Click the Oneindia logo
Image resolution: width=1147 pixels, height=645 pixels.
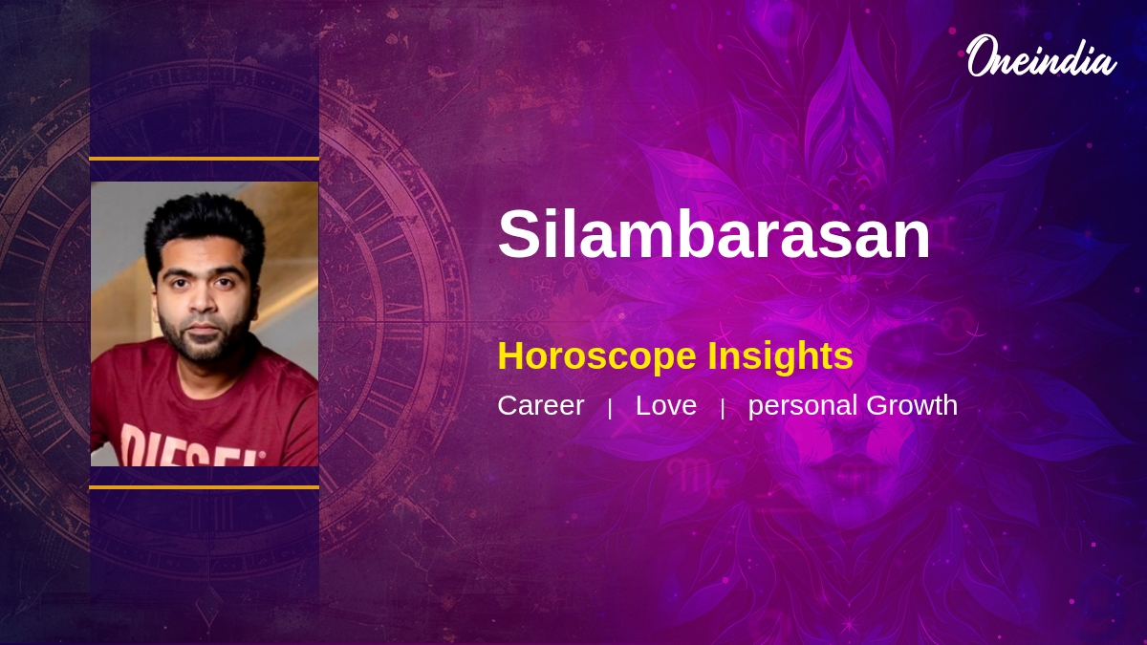coord(1042,56)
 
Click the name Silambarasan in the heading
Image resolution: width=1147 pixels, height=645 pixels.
coord(714,234)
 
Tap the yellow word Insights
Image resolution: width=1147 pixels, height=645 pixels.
coord(780,355)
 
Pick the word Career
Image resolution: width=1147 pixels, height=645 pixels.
coord(541,405)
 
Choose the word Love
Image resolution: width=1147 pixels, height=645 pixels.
coord(666,405)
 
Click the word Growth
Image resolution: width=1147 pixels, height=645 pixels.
coord(912,405)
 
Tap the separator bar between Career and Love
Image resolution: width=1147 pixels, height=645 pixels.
coord(610,409)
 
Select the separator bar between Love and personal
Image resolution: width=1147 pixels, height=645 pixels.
coord(723,409)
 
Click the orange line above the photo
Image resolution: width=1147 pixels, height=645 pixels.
coord(205,159)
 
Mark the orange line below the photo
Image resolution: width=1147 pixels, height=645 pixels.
coord(205,487)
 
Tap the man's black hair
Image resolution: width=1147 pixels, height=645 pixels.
coord(205,230)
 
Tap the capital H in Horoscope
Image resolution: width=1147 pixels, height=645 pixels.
coord(511,355)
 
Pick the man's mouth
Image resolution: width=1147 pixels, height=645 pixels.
coord(205,328)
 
